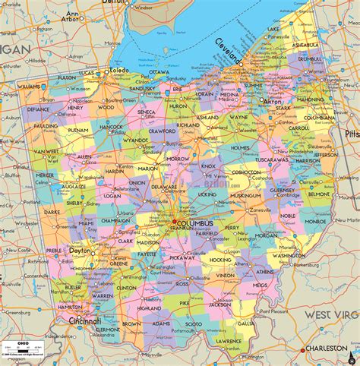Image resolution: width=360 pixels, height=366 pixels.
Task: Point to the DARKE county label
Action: (51, 213)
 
